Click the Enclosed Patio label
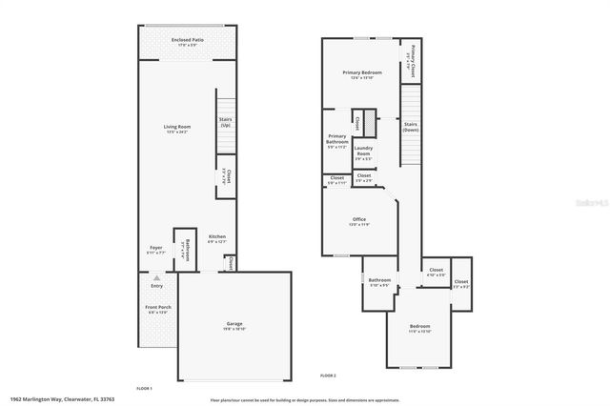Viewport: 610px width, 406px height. point(186,42)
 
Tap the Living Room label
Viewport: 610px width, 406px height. point(177,129)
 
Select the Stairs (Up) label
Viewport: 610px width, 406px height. point(226,123)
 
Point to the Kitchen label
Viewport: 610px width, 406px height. point(217,238)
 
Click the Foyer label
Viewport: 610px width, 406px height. point(155,250)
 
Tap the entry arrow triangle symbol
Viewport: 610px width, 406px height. point(156,276)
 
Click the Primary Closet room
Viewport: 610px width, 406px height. point(411,60)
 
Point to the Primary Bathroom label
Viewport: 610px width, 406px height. point(337,142)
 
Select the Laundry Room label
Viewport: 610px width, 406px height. point(363,152)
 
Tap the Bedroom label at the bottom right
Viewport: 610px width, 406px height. point(420,329)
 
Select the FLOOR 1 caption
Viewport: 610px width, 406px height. point(145,389)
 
